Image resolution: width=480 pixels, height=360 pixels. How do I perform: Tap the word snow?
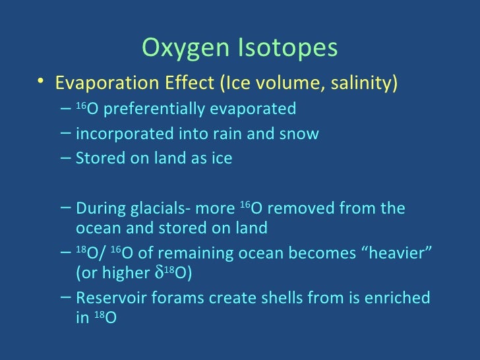point(300,134)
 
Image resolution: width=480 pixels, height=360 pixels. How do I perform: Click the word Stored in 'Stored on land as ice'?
point(96,159)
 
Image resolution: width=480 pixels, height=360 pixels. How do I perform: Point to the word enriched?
point(399,298)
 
